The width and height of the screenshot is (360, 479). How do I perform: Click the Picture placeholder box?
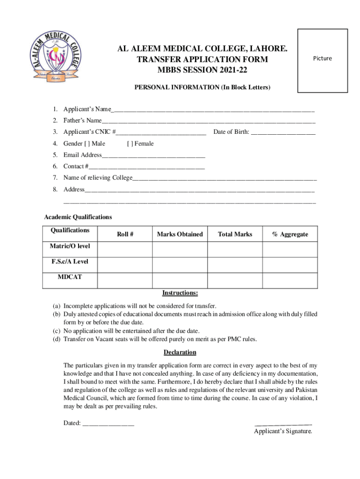click(323, 61)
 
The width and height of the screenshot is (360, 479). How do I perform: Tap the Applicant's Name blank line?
click(213, 110)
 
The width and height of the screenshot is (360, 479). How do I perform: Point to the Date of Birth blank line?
click(283, 132)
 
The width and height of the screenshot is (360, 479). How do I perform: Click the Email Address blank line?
click(153, 155)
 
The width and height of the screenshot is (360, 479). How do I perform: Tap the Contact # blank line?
click(146, 167)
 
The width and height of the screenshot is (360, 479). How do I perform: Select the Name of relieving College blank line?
click(224, 178)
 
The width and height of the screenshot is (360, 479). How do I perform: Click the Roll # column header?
click(125, 234)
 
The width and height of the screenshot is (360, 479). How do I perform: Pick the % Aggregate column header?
click(290, 234)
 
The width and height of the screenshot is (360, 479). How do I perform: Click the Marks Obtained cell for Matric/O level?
click(180, 249)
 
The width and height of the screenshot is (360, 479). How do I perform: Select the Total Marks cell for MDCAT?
click(235, 280)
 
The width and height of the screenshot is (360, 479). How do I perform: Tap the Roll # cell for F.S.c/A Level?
click(125, 264)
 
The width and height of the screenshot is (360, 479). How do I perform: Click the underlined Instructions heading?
click(180, 293)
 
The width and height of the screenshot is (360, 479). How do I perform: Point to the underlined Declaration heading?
click(180, 352)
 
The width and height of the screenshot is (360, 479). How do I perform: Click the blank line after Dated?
click(108, 424)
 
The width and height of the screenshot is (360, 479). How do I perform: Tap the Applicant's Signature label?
click(283, 431)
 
